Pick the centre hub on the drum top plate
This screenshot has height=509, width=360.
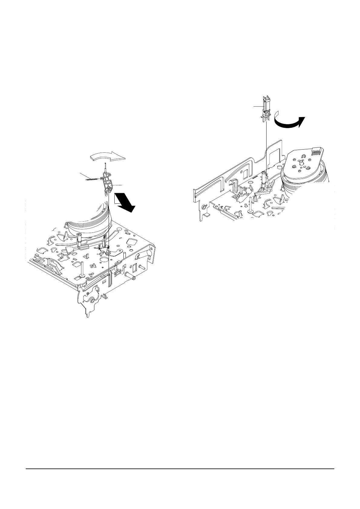(301, 163)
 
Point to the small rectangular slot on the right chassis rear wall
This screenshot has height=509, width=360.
(245, 173)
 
